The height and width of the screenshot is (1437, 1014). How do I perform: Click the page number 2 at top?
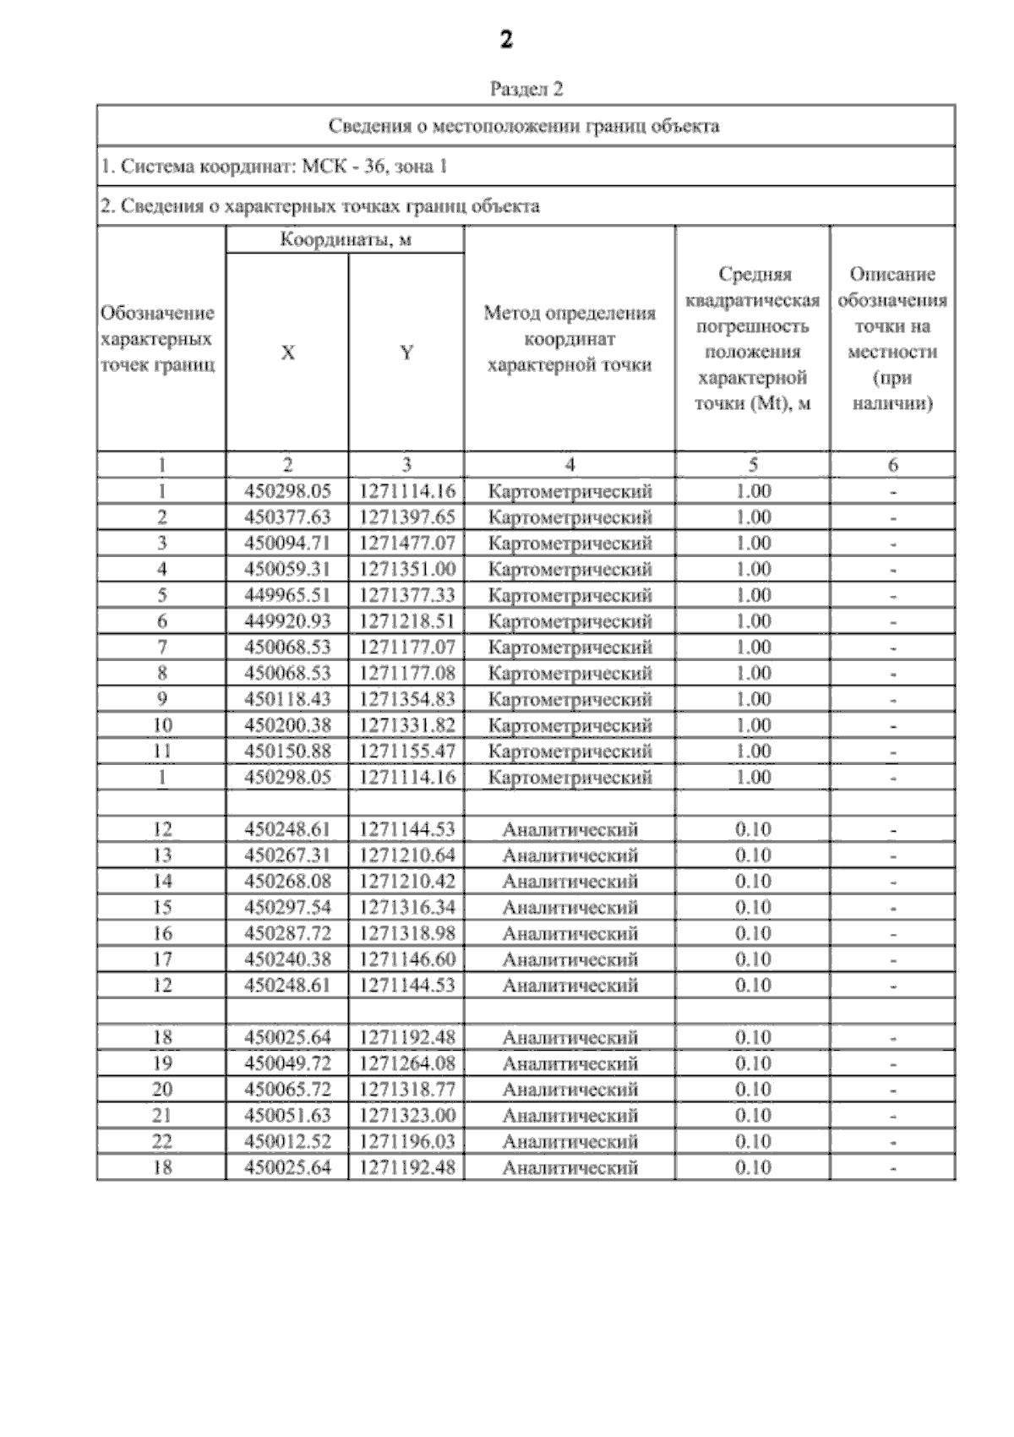[506, 40]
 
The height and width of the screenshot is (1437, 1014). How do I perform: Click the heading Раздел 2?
[526, 89]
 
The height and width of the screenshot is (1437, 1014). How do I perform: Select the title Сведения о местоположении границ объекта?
[524, 126]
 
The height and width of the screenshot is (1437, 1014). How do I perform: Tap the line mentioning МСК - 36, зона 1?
[274, 167]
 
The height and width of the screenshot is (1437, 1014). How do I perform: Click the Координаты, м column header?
[346, 239]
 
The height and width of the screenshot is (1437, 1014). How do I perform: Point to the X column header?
[288, 352]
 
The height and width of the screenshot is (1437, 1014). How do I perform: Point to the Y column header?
[406, 352]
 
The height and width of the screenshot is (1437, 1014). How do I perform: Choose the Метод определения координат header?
[570, 339]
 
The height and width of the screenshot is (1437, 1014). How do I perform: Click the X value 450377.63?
[287, 516]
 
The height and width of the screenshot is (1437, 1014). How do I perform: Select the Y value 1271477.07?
[407, 543]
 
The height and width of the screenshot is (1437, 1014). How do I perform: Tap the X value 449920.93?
[287, 621]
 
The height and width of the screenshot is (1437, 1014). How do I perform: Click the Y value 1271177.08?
[407, 674]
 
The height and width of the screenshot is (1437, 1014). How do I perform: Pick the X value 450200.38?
[287, 725]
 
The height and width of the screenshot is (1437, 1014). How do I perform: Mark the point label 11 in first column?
[162, 751]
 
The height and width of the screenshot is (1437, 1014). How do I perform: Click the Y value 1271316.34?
[407, 908]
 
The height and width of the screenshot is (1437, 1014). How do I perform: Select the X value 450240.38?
[287, 959]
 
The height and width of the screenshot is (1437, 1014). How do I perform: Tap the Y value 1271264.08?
[407, 1063]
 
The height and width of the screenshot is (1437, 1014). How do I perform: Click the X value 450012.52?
[287, 1142]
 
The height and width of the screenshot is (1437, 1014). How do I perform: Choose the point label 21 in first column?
[162, 1116]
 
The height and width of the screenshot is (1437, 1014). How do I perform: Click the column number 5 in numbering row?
[752, 464]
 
